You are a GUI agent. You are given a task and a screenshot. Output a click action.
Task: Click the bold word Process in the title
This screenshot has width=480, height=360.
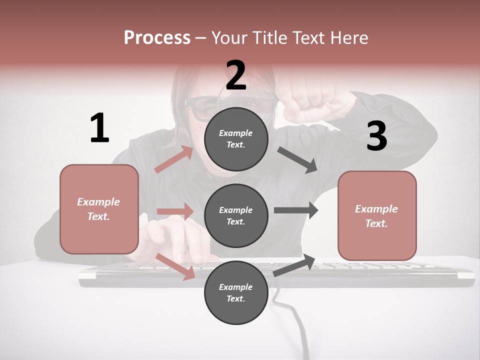click(x=157, y=37)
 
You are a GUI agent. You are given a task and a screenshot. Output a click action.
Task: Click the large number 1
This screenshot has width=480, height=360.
click(x=99, y=128)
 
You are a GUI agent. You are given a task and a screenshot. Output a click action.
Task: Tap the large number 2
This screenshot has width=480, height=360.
click(x=236, y=75)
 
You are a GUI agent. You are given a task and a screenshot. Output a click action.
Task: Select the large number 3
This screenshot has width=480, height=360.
click(x=376, y=136)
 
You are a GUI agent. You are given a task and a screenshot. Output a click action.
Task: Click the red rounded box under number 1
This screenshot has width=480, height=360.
click(x=99, y=209)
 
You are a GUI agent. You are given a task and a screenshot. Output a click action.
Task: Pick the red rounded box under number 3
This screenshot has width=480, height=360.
click(x=377, y=215)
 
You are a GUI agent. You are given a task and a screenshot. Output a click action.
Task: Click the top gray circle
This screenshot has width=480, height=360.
click(x=236, y=139)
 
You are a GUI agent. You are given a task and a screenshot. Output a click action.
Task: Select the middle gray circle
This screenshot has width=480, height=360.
click(x=236, y=215)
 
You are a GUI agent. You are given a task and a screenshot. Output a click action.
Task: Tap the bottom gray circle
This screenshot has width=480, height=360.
click(x=236, y=292)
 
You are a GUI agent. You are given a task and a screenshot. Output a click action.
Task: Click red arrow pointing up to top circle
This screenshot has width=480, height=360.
click(x=173, y=159)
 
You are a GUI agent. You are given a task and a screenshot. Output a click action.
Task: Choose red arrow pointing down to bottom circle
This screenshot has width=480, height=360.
click(x=175, y=266)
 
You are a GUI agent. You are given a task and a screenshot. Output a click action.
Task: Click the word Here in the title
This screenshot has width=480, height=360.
click(x=350, y=37)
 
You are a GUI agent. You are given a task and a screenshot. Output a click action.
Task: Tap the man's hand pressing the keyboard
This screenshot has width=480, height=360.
click(x=180, y=240)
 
